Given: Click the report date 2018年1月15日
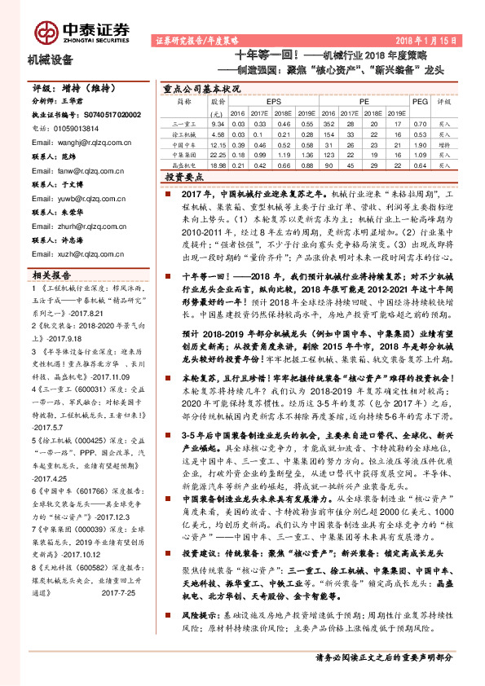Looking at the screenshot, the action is tap(430, 39).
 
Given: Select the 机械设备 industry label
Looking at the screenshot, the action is tap(51, 60).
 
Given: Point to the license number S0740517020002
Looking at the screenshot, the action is tap(101, 116).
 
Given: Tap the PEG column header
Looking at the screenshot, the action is tap(419, 103).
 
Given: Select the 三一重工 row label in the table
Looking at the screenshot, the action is tap(185, 123).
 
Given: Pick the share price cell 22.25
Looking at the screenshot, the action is tap(218, 153).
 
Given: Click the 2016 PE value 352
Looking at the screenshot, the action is tap(327, 123).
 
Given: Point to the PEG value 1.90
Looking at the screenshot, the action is tap(419, 143).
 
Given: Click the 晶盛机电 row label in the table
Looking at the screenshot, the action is tap(185, 163).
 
